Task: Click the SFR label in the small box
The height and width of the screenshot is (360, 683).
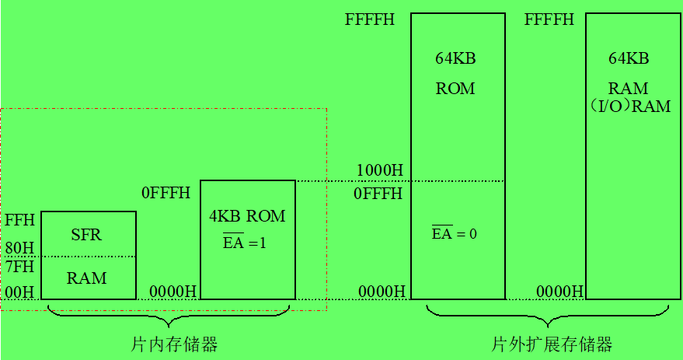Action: tap(86, 234)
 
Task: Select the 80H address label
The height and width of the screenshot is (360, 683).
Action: tap(19, 249)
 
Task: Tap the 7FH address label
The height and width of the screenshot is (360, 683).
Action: tap(19, 267)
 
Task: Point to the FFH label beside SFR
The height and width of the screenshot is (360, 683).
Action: tap(19, 220)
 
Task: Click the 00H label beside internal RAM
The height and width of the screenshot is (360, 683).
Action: tap(19, 292)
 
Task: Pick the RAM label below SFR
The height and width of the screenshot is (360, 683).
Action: tap(86, 278)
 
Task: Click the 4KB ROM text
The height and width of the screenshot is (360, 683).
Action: tap(247, 216)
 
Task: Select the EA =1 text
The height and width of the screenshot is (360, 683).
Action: tap(244, 242)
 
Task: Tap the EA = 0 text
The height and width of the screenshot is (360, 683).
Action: tap(454, 233)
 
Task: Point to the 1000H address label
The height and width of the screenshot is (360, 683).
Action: tap(379, 170)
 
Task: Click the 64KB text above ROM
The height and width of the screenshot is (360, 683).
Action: tap(455, 59)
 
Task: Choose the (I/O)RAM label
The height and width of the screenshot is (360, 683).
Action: tap(630, 107)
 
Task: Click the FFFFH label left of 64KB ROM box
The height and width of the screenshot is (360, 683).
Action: tap(370, 19)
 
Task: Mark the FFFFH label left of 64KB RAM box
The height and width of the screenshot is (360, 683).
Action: tap(549, 19)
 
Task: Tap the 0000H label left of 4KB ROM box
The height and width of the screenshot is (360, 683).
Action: tap(172, 292)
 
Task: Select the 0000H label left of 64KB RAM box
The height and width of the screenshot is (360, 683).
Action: tap(559, 292)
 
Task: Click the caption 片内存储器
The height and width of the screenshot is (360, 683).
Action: tap(174, 344)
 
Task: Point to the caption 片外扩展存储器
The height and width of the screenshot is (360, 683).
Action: tap(552, 344)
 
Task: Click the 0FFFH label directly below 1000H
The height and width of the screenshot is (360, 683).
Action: tap(378, 194)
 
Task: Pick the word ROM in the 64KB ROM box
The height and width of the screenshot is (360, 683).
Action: tap(455, 89)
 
